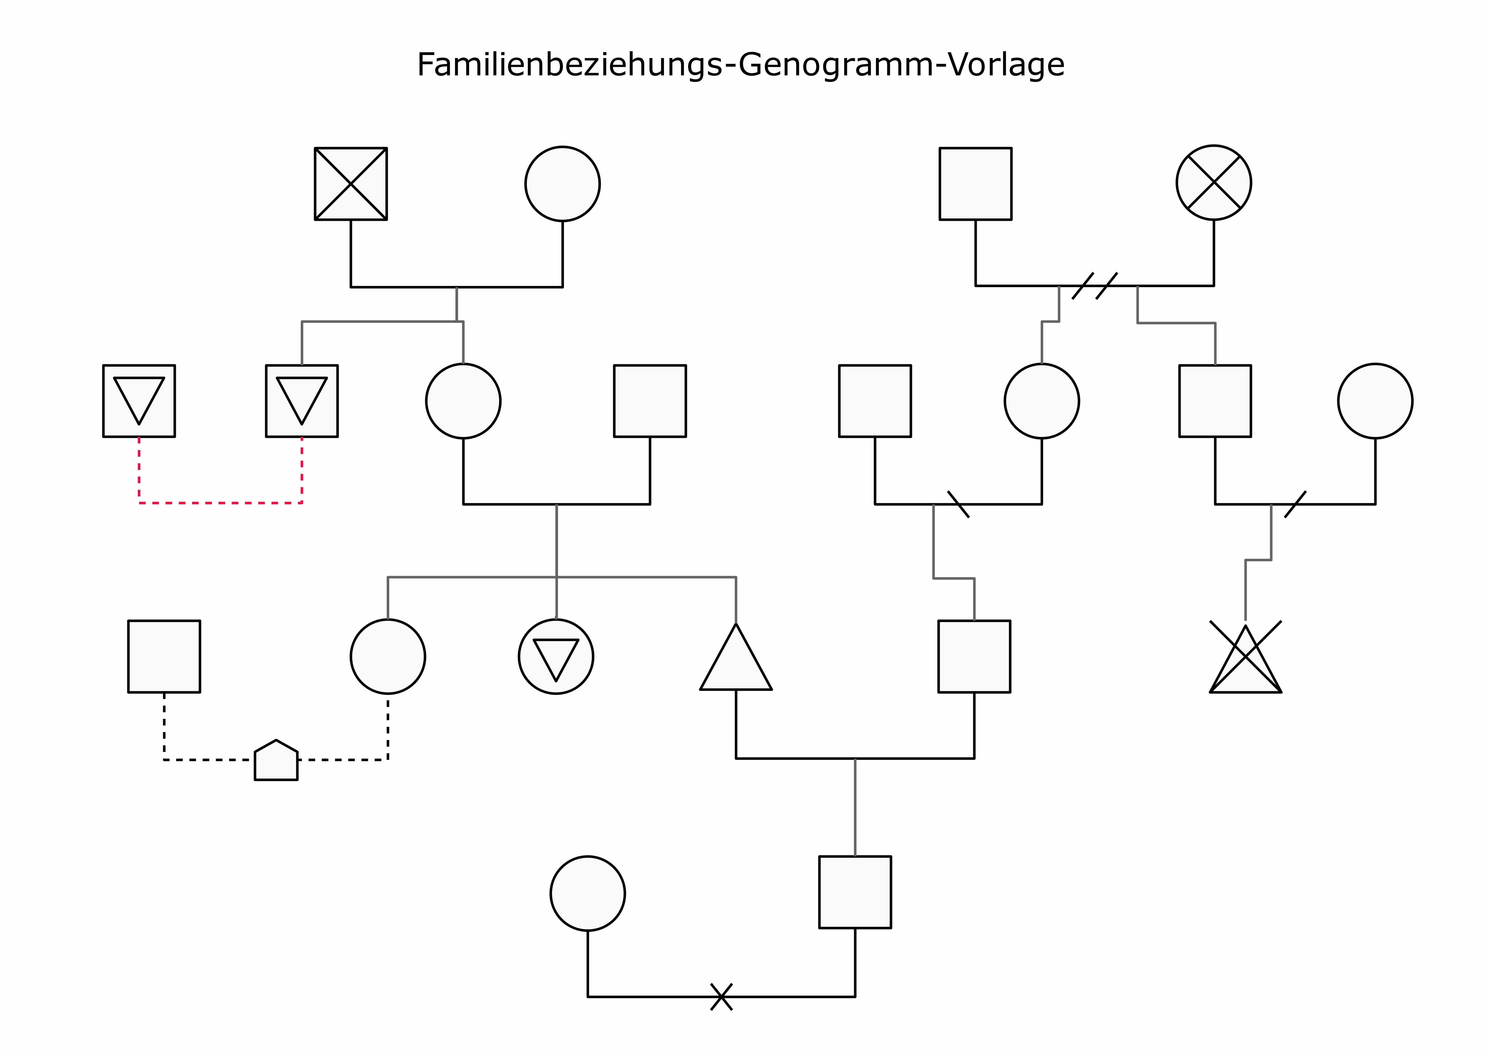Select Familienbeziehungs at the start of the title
pyautogui.click(x=570, y=65)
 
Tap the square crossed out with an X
pyautogui.click(x=351, y=184)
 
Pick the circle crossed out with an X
pyautogui.click(x=1214, y=183)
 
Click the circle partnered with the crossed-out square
pyautogui.click(x=563, y=184)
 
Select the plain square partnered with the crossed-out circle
pyautogui.click(x=975, y=184)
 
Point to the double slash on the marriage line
pyautogui.click(x=1094, y=286)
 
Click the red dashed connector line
pyautogui.click(x=220, y=503)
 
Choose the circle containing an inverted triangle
pyautogui.click(x=556, y=657)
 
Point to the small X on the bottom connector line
pyautogui.click(x=721, y=997)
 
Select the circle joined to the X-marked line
pyautogui.click(x=588, y=894)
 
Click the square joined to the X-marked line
pyautogui.click(x=855, y=892)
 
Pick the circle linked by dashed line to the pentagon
pyautogui.click(x=388, y=657)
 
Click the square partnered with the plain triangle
pyautogui.click(x=974, y=657)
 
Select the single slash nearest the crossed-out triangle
pyautogui.click(x=1295, y=504)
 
